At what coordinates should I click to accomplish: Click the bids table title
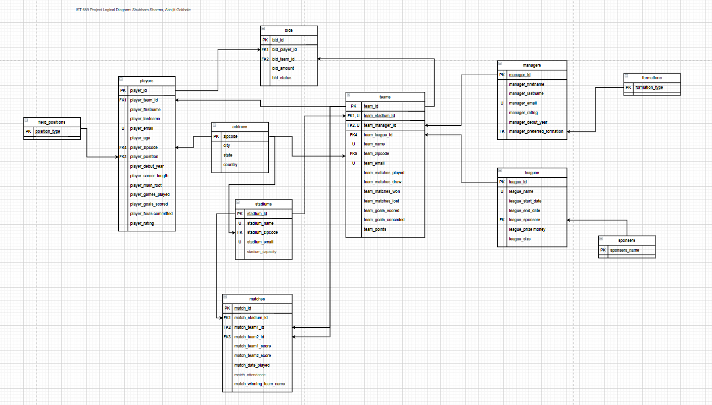click(289, 30)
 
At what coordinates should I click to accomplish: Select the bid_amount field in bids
click(282, 68)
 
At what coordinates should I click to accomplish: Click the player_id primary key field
click(138, 91)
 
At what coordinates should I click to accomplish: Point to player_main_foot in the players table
click(146, 185)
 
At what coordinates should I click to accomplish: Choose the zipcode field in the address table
click(230, 136)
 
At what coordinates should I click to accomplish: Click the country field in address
click(230, 165)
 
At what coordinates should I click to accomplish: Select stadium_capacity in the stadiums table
click(261, 251)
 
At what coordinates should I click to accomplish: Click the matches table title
click(257, 299)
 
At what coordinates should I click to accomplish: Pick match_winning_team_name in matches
click(259, 384)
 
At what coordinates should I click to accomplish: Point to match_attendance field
click(250, 375)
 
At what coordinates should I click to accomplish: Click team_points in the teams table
click(375, 229)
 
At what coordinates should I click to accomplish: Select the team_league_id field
click(378, 135)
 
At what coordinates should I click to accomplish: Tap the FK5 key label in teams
click(353, 154)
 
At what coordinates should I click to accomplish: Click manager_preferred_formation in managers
click(536, 131)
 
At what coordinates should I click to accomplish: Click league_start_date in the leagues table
click(525, 201)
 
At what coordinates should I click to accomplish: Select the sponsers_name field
click(625, 250)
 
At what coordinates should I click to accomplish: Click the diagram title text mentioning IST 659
click(133, 10)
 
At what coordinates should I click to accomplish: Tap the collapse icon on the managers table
click(500, 64)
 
